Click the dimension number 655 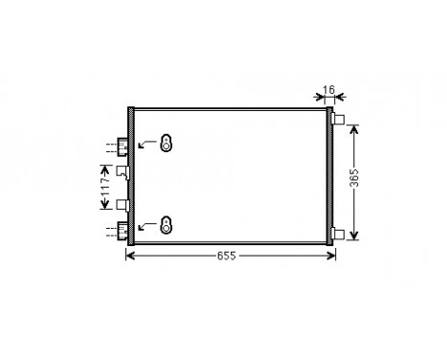226,256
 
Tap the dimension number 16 329,90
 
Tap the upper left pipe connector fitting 123,146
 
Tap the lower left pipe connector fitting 123,229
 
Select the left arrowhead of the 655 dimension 132,256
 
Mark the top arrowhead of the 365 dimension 355,126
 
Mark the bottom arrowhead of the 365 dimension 355,235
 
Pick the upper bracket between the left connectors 122,171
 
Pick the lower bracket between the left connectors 122,204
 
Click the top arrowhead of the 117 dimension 105,167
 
